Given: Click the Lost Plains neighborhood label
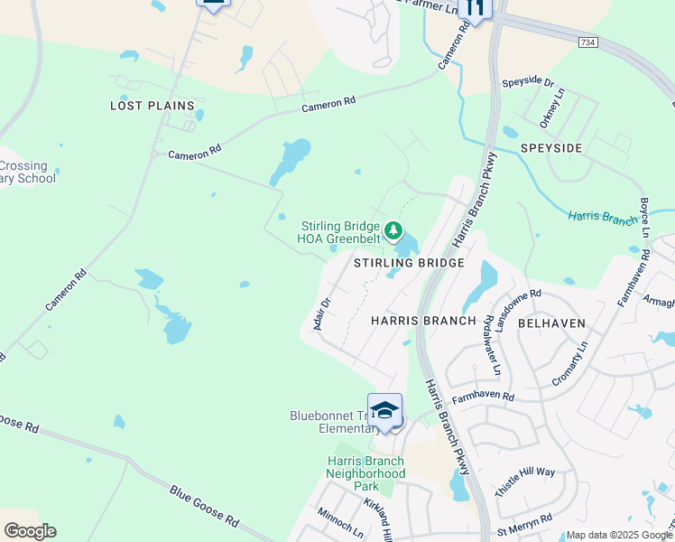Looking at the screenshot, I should click(153, 106).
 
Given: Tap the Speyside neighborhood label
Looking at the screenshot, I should click(551, 147).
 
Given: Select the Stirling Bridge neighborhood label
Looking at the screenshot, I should click(409, 263).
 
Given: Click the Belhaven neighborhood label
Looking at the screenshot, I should click(552, 322).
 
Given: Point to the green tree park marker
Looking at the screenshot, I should click(393, 231).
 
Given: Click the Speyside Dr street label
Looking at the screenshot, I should click(528, 82).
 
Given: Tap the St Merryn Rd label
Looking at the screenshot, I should click(523, 524).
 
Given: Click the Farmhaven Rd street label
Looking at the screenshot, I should click(483, 396).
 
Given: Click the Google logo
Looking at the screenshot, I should click(30, 531).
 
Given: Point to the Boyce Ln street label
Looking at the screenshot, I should click(644, 218).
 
